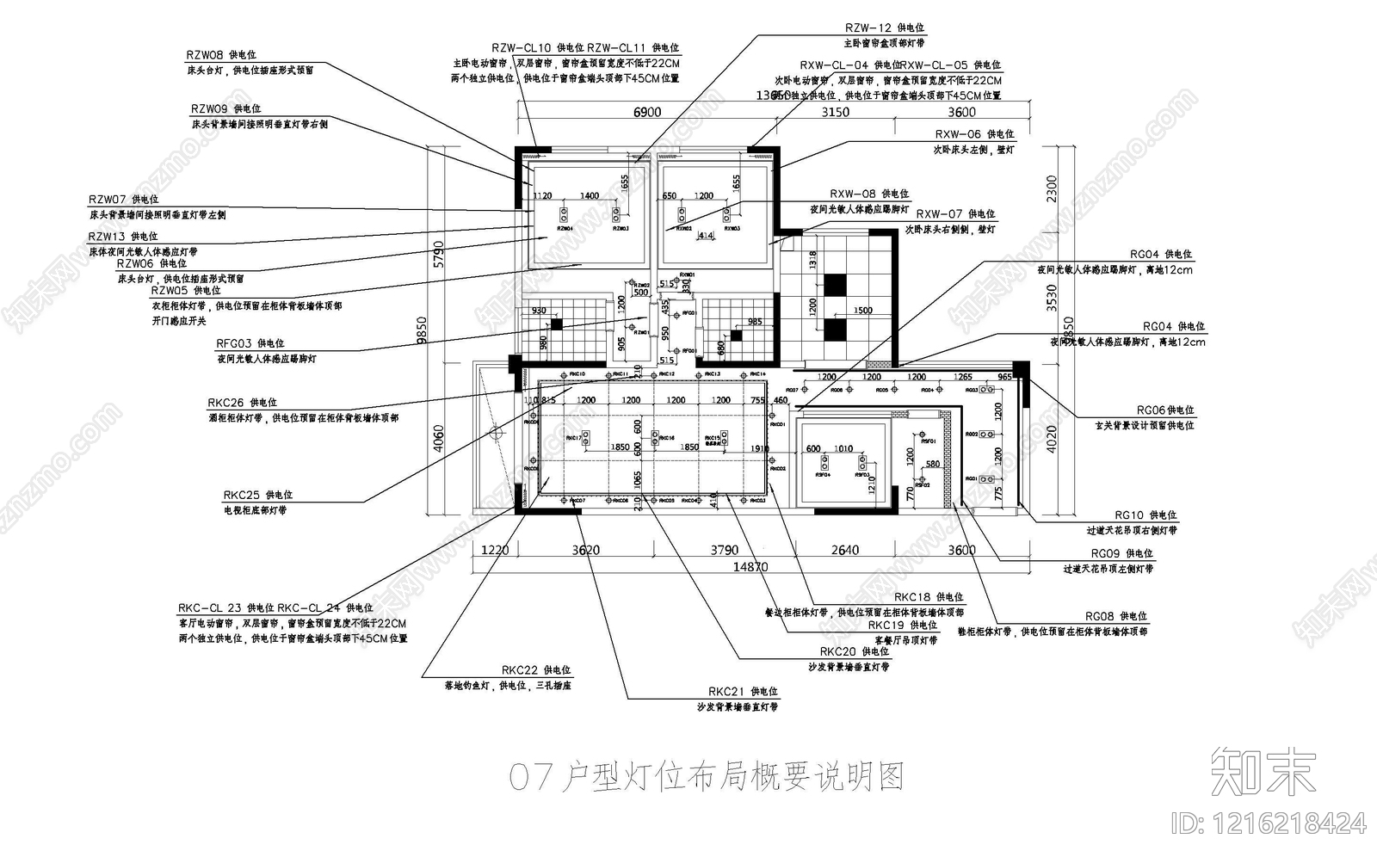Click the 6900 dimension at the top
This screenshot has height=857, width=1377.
(647, 112)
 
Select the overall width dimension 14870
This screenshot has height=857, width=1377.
(750, 567)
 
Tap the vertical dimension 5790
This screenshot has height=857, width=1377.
(439, 256)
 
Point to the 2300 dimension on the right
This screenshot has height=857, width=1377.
(1052, 188)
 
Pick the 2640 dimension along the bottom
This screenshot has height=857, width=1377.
(844, 551)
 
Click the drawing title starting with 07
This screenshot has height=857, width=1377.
(706, 778)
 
